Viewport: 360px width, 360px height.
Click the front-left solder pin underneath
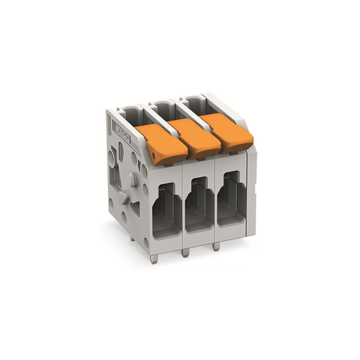154,259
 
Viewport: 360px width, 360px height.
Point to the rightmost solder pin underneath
216,247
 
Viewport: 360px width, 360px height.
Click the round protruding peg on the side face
131,180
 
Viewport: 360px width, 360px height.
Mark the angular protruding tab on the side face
124,198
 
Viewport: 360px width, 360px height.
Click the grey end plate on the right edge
252,189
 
